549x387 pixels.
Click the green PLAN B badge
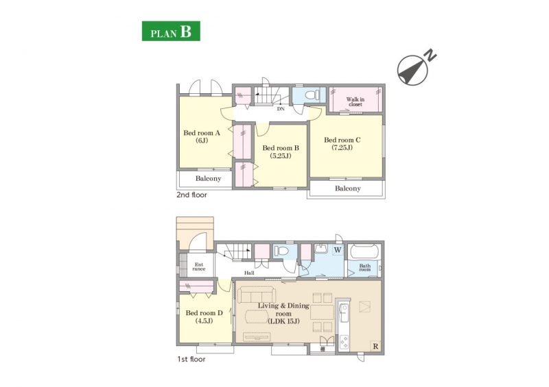coord(171,31)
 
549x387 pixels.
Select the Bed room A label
coord(202,137)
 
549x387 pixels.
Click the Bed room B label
coord(281,152)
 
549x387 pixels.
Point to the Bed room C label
coord(342,144)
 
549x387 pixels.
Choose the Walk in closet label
coord(355,102)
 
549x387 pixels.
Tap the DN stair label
coord(281,109)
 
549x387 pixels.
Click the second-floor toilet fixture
coord(312,95)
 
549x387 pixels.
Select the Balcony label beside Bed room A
coord(209,179)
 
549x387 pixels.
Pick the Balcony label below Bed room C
coord(348,188)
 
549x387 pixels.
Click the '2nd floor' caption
coord(191,195)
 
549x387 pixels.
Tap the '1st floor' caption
coord(191,359)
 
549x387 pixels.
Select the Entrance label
coord(199,266)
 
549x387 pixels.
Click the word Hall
coord(249,273)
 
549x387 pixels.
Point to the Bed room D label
coord(204,316)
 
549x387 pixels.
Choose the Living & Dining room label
coord(283,313)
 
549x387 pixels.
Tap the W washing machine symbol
coord(338,250)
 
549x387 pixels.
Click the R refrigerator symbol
coord(375,347)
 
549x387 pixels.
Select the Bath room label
coord(365,268)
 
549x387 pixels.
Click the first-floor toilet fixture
coord(281,251)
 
